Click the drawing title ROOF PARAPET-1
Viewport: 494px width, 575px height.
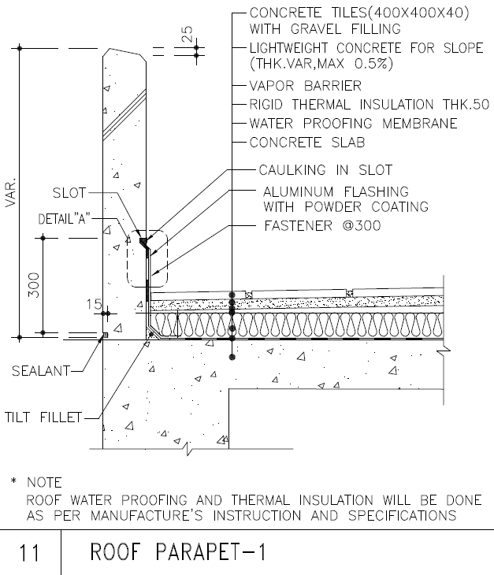(178, 552)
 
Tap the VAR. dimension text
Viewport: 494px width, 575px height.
(9, 191)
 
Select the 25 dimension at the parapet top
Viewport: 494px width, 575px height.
(188, 33)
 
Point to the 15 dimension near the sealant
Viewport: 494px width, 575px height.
(95, 303)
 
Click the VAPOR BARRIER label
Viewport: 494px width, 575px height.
(306, 85)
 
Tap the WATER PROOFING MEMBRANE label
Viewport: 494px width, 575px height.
(353, 124)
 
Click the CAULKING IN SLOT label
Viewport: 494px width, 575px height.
(326, 169)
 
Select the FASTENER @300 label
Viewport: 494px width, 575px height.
(322, 226)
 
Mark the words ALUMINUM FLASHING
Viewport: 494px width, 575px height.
(336, 191)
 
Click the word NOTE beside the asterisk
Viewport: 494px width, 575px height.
(44, 481)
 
